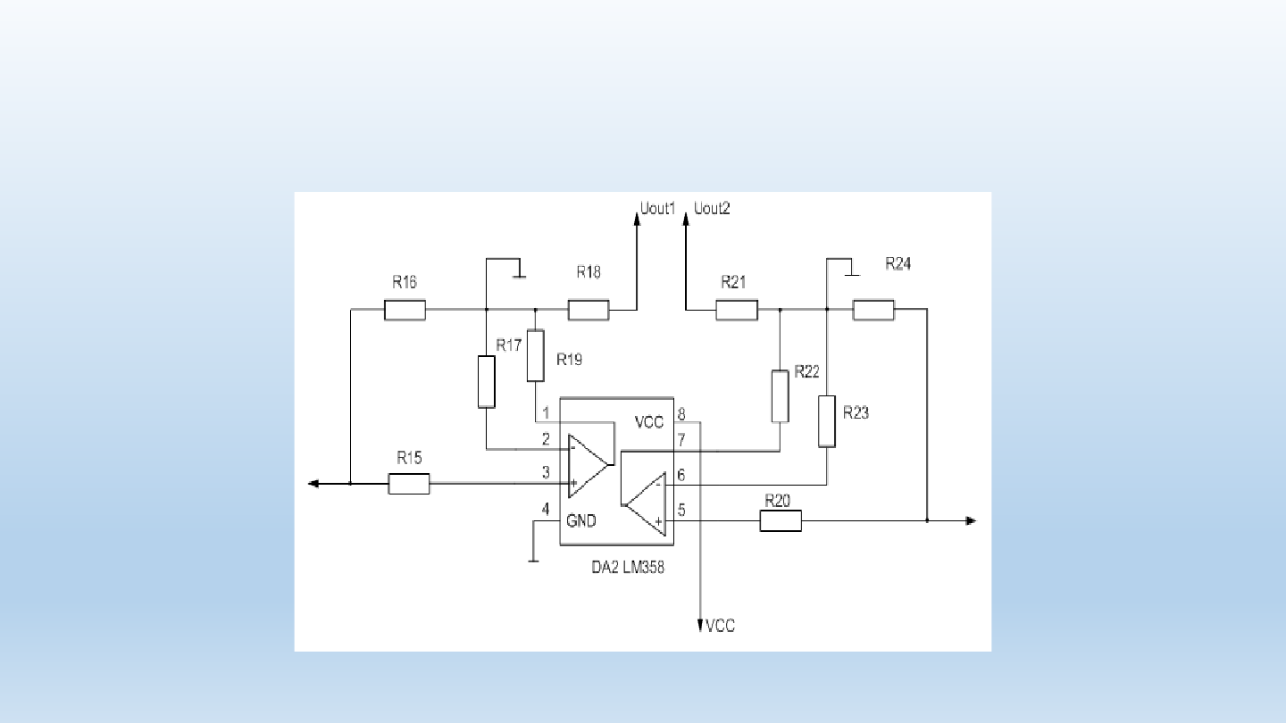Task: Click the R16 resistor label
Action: [x=405, y=282]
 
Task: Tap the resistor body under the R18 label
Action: [x=589, y=310]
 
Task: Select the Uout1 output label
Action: [x=657, y=208]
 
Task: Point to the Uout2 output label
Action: [x=712, y=208]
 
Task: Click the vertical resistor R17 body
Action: [x=486, y=382]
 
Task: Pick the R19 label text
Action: [x=569, y=360]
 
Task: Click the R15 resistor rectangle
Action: [x=409, y=484]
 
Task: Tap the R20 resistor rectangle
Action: [x=781, y=521]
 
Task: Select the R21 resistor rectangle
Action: [x=737, y=310]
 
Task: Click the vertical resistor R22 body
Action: [x=780, y=396]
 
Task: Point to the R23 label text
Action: [x=856, y=412]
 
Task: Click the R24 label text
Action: [x=898, y=263]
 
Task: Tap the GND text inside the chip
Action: [x=581, y=521]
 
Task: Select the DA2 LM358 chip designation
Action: [x=628, y=568]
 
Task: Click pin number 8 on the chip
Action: [x=681, y=414]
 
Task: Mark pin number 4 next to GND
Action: [x=546, y=509]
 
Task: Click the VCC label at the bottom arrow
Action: [x=720, y=626]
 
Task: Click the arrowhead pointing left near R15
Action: [x=313, y=484]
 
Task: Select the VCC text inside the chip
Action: [x=648, y=422]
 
